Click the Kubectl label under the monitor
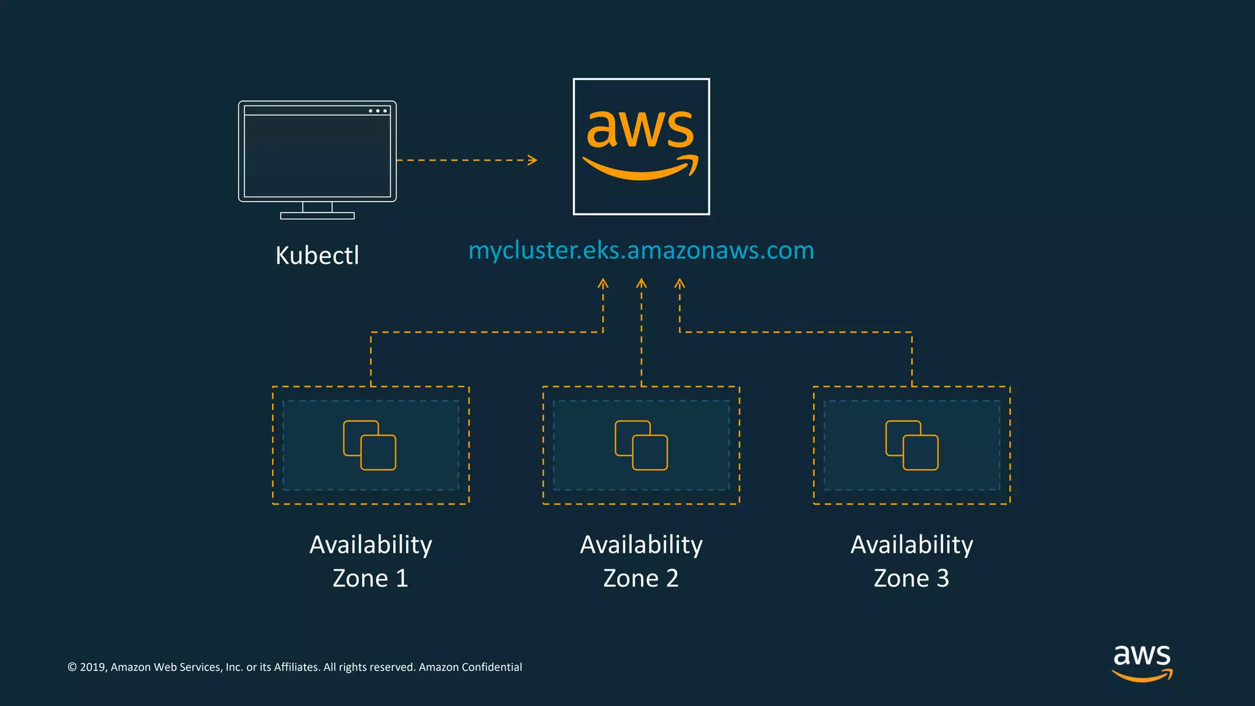(x=317, y=256)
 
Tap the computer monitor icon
(x=317, y=153)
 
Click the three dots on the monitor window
(x=377, y=111)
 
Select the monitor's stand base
(x=317, y=216)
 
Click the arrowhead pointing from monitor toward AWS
(x=533, y=160)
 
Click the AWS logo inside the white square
(x=641, y=146)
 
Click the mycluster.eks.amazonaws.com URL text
(x=641, y=251)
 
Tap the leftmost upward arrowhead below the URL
(x=603, y=284)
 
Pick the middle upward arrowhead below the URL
(x=641, y=283)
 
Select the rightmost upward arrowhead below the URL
(x=680, y=284)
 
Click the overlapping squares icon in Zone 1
(x=370, y=446)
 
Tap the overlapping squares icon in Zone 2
(x=641, y=446)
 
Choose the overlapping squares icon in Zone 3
(x=912, y=446)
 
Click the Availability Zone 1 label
(x=370, y=561)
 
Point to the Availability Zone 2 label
(x=641, y=561)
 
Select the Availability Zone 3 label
(x=912, y=561)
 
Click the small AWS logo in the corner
(x=1142, y=662)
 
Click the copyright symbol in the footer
(x=72, y=667)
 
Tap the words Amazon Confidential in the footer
(x=470, y=667)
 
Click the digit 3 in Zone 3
(x=942, y=579)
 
